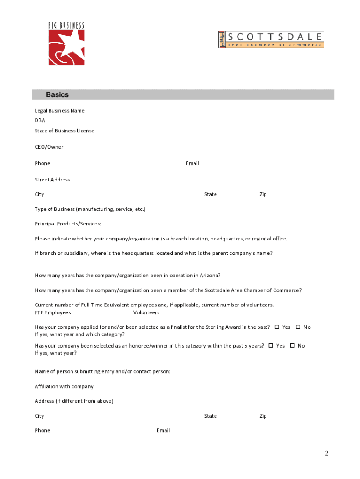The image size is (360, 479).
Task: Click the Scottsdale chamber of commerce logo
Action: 271,40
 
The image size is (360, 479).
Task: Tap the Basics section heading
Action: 57,95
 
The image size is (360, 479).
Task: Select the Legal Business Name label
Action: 59,111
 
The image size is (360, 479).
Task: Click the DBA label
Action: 40,120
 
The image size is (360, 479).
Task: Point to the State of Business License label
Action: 64,131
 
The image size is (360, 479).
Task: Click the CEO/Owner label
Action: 49,147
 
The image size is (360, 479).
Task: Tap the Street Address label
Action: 52,180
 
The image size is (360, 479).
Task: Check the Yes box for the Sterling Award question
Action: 277,327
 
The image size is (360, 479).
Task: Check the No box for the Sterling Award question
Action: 298,327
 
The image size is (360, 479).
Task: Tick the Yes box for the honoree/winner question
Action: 271,346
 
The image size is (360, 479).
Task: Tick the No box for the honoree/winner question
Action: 292,346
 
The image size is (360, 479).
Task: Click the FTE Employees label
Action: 53,312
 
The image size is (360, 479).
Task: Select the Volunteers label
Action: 146,312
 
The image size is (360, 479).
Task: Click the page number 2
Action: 327,453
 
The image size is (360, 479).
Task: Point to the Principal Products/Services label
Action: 68,224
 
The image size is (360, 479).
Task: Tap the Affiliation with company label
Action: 64,386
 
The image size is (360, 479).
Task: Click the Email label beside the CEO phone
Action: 192,163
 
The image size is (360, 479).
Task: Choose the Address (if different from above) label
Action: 74,401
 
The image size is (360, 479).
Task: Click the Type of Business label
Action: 90,209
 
